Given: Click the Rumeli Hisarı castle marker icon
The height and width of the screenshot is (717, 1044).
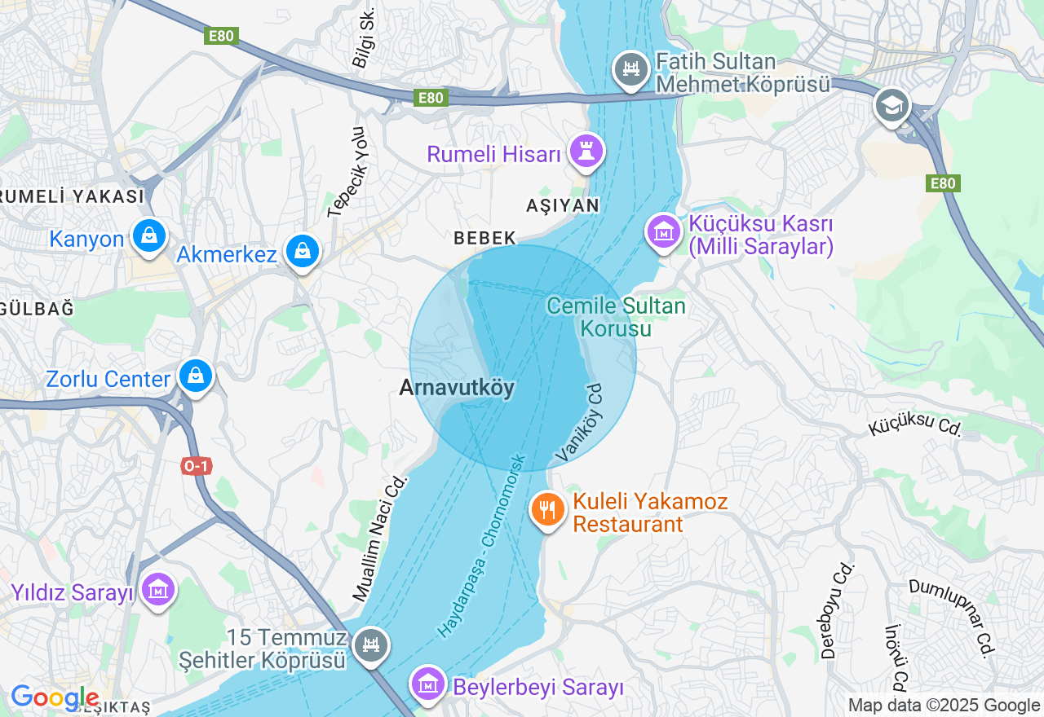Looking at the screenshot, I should [586, 151].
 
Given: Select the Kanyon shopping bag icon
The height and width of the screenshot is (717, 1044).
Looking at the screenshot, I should [148, 236].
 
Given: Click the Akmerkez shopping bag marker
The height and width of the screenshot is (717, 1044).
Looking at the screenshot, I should [303, 251].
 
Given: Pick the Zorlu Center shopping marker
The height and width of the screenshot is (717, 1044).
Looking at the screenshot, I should [196, 376].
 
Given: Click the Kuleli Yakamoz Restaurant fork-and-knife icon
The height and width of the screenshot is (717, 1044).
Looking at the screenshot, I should [548, 511].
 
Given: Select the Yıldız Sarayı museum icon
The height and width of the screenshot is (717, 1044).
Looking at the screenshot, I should [157, 589].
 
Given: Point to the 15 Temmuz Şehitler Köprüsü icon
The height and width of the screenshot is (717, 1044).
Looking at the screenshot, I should [371, 646].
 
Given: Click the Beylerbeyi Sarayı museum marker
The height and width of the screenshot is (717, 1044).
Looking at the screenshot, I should [428, 685].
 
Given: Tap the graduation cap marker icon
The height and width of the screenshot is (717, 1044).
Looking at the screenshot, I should [891, 106].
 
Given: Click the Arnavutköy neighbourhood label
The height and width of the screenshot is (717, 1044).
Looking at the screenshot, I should [457, 388].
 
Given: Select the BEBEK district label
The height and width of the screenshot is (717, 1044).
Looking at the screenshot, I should [485, 238].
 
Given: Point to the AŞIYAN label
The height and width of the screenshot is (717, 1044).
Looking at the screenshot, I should [563, 205].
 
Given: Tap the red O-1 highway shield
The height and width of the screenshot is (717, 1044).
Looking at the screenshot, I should [197, 466].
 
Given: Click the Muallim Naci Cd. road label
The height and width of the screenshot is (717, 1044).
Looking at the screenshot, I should [380, 539].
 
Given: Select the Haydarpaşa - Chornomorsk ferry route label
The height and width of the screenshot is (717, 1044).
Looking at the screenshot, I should [484, 544].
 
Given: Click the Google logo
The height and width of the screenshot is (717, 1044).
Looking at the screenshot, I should [55, 698].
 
